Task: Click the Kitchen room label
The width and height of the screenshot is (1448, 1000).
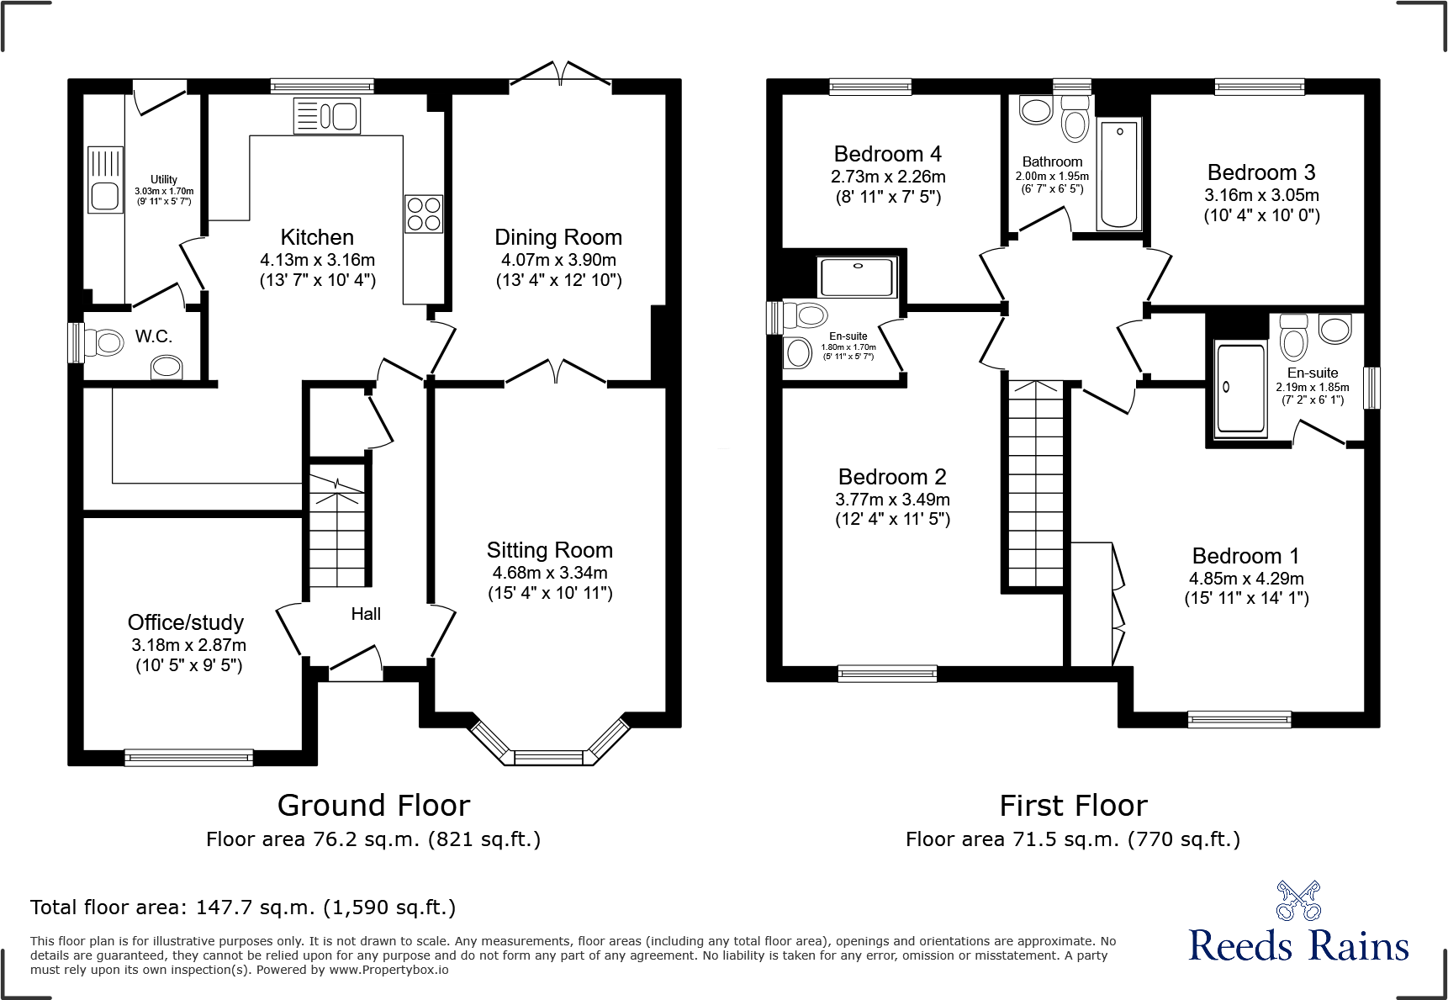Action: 317,237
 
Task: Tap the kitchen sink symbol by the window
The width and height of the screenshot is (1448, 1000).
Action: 327,116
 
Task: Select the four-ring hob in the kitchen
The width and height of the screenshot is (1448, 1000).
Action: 424,214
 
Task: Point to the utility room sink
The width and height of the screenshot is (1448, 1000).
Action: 106,195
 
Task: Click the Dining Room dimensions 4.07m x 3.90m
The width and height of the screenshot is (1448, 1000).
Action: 558,260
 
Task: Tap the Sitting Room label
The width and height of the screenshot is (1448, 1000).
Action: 550,550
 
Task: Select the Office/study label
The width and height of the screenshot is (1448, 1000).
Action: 186,622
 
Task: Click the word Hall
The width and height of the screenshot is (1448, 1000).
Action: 366,614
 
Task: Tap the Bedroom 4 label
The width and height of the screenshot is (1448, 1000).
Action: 887,154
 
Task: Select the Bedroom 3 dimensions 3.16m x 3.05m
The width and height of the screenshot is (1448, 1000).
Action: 1261,195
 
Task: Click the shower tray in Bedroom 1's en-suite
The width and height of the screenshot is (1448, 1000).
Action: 1240,389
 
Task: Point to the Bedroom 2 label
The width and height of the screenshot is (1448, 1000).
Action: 892,477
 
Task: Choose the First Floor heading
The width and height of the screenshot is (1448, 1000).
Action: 1073,806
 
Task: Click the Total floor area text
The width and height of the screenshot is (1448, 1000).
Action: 243,907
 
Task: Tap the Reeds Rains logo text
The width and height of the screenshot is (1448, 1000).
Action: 1298,945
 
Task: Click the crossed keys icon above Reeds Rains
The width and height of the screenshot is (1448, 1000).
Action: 1298,901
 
